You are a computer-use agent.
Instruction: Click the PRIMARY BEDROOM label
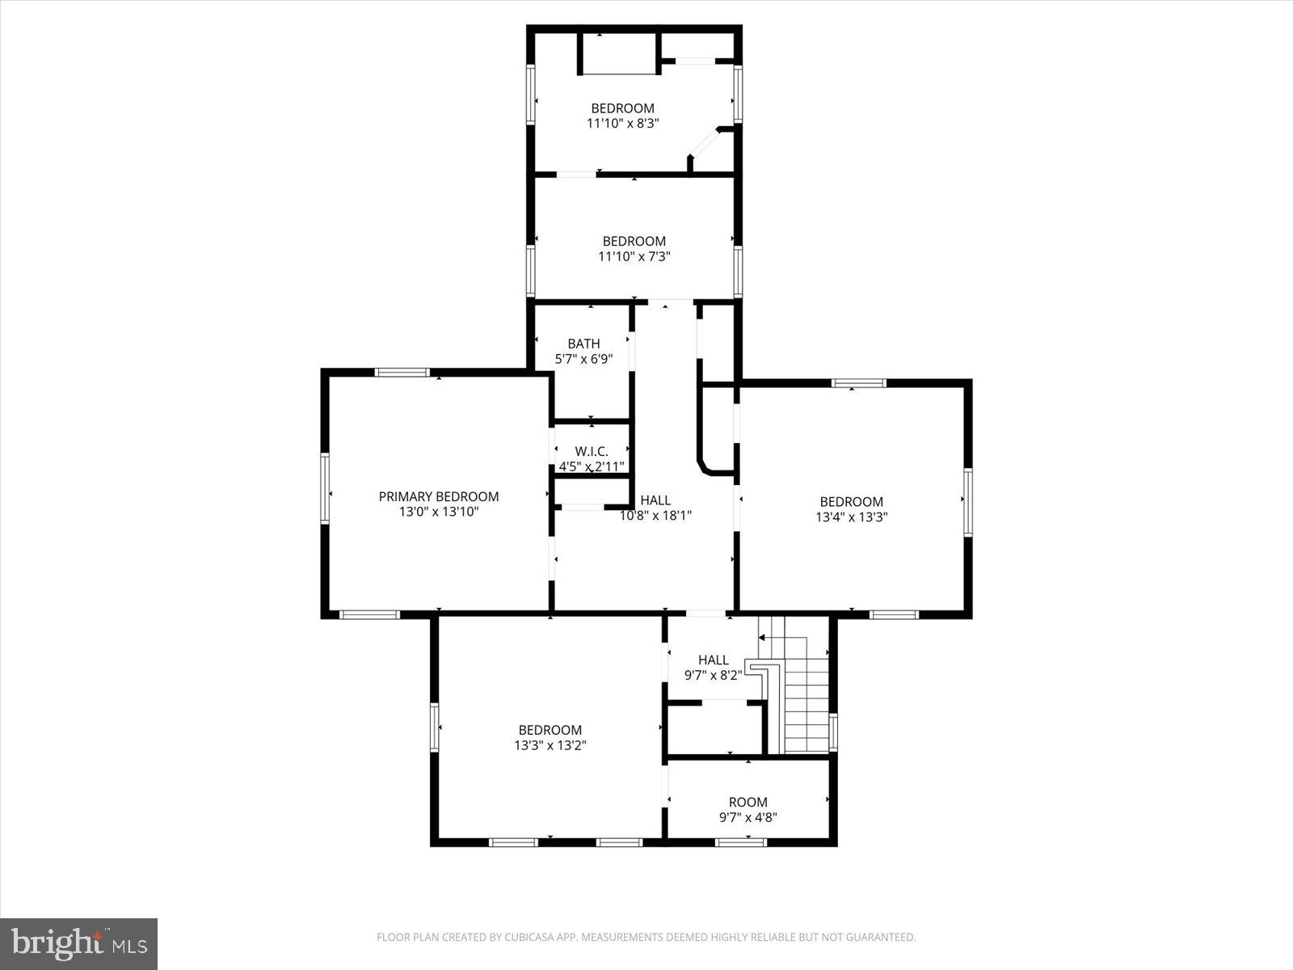439,496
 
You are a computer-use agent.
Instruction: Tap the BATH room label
583,344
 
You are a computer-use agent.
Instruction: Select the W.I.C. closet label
591,451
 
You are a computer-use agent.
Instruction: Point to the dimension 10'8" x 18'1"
655,515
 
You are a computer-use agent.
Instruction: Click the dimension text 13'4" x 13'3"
852,517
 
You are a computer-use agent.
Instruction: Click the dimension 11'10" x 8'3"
622,124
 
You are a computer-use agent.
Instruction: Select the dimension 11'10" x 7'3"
634,256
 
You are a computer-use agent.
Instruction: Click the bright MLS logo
79,943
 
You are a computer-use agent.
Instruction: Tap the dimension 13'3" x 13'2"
550,746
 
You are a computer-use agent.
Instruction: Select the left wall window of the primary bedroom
326,489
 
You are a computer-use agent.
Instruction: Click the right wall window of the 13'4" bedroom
967,503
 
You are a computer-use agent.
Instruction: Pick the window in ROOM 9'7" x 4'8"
741,841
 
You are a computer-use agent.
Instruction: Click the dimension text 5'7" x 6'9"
583,359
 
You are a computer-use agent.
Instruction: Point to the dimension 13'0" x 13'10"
439,512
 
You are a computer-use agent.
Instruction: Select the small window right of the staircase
833,732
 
